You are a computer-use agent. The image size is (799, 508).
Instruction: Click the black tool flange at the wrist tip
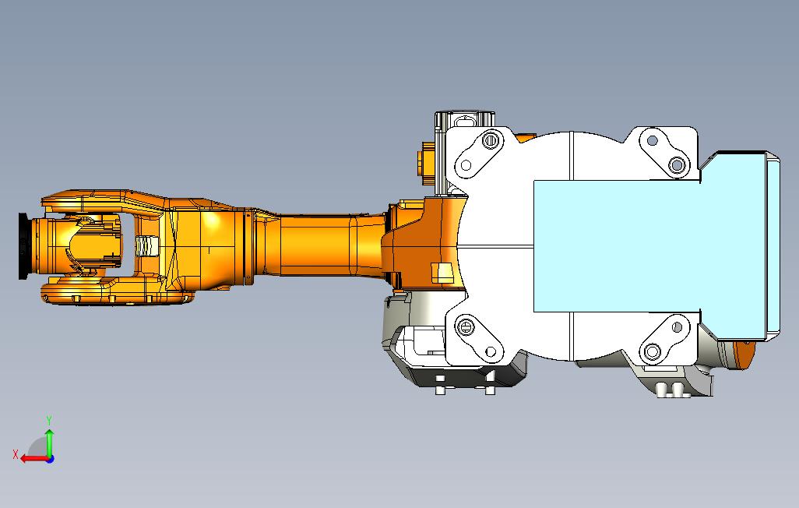pos(23,246)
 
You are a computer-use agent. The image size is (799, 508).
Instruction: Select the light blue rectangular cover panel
pos(617,246)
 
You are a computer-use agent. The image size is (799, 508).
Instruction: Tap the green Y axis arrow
pos(49,443)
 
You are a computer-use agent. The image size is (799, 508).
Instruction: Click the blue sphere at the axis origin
pos(50,459)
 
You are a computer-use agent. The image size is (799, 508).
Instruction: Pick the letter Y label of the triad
pos(49,420)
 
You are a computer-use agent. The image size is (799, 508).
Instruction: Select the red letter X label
pos(16,453)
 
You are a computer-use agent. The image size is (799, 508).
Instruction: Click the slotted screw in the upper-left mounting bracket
pos(489,139)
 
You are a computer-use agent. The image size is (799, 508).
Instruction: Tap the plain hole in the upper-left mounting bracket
pos(466,165)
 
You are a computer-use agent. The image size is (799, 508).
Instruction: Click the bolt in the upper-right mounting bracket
pos(677,164)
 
